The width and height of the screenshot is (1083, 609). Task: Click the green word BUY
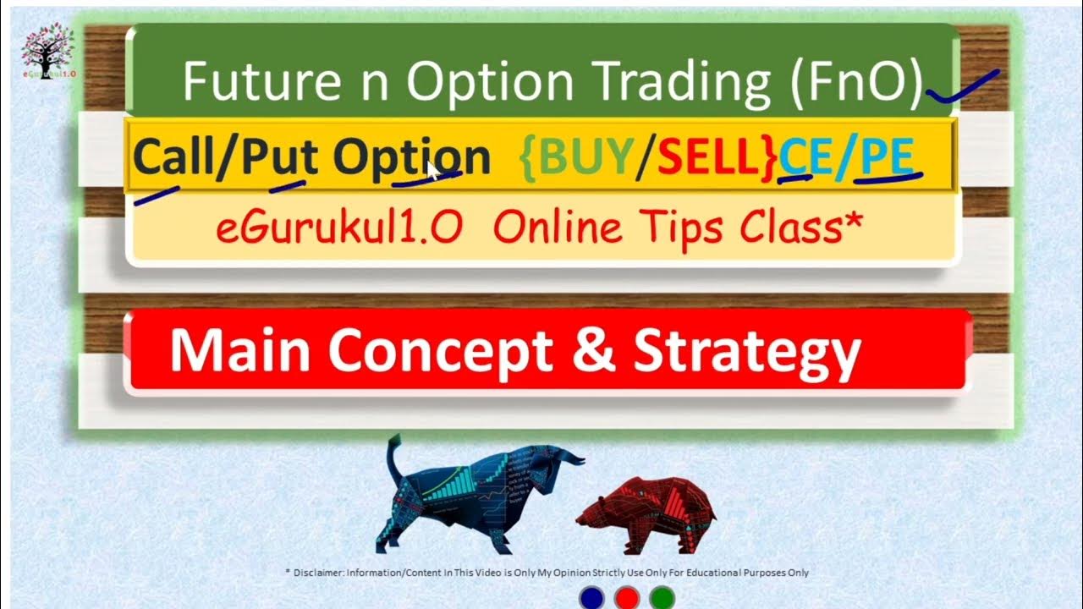[x=585, y=156]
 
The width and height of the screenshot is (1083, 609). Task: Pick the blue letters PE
[x=886, y=156]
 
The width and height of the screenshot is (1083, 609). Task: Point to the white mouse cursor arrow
[x=432, y=170]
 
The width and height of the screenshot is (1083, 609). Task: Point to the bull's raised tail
[x=393, y=457]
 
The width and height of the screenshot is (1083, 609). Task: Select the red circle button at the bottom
[x=627, y=598]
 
